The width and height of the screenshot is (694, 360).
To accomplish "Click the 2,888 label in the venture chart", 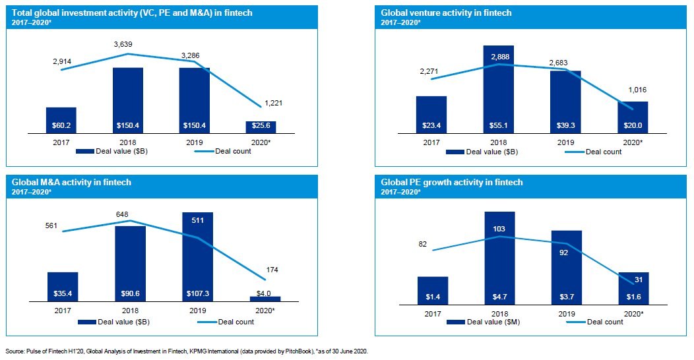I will click(499, 57).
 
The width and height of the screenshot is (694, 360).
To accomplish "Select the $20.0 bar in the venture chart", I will click(633, 117).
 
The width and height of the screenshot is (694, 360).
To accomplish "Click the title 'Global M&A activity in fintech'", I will click(71, 182).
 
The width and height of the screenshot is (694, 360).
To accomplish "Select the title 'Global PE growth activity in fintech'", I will click(452, 182).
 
